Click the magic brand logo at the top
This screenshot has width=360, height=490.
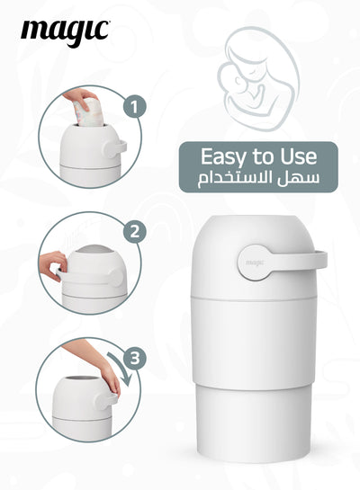pos(65,32)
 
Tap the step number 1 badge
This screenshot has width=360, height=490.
pos(134,106)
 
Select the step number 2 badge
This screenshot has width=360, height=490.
pos(135,232)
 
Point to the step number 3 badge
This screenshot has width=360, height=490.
pos(135,358)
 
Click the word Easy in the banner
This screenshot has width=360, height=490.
pos(223,157)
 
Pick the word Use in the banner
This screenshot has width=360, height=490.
pos(299,156)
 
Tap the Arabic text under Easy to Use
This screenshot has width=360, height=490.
pos(258,180)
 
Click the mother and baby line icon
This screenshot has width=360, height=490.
pos(258,77)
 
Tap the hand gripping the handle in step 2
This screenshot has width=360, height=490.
pos(53,265)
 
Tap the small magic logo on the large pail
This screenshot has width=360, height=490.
pos(255,262)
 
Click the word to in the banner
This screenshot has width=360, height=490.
pos(263,157)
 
